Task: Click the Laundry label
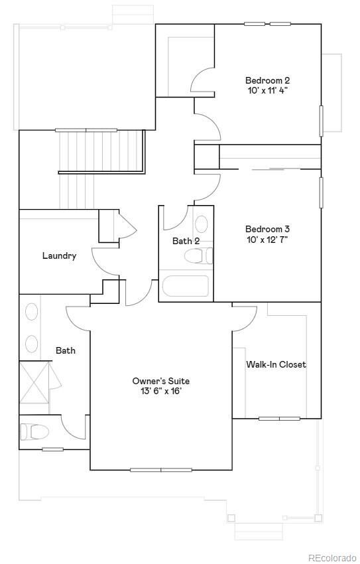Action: click(x=59, y=256)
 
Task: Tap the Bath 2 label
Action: click(x=186, y=241)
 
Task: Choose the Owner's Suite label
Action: click(x=161, y=381)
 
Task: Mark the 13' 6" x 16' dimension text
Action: click(x=161, y=391)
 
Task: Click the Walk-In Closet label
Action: click(x=276, y=364)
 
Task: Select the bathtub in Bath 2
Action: click(x=185, y=286)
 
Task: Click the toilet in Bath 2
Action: click(x=198, y=256)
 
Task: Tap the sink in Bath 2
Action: click(x=201, y=224)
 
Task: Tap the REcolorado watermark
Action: click(x=331, y=557)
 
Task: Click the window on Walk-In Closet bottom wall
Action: click(x=279, y=419)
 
